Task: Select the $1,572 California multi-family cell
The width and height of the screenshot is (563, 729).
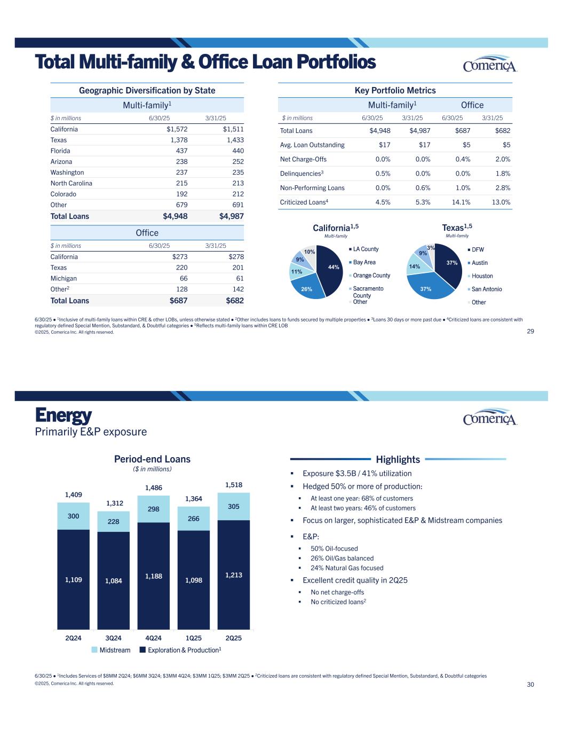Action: point(177,129)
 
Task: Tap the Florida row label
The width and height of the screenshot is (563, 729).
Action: point(60,151)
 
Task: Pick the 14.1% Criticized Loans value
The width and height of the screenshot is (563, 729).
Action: point(461,202)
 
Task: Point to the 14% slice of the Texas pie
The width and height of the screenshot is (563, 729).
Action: point(414,266)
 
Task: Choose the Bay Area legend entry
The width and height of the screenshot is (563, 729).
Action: point(364,262)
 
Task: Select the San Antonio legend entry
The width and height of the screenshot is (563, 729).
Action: point(487,289)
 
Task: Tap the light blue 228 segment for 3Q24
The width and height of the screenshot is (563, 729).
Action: point(113,522)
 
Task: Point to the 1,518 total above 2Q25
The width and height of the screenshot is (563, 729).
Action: point(233,485)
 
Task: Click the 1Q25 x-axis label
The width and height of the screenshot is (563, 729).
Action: point(193,638)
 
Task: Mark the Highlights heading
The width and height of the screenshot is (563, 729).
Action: point(398,459)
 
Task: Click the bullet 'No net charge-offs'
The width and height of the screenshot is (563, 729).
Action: point(337,592)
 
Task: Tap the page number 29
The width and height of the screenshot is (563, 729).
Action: point(530,331)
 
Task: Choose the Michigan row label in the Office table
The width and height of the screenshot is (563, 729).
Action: point(64,278)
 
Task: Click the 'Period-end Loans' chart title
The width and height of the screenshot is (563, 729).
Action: point(152,459)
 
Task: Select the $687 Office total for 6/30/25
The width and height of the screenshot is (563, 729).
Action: point(178,301)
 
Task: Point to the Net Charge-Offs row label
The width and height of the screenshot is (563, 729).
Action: point(303,159)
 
